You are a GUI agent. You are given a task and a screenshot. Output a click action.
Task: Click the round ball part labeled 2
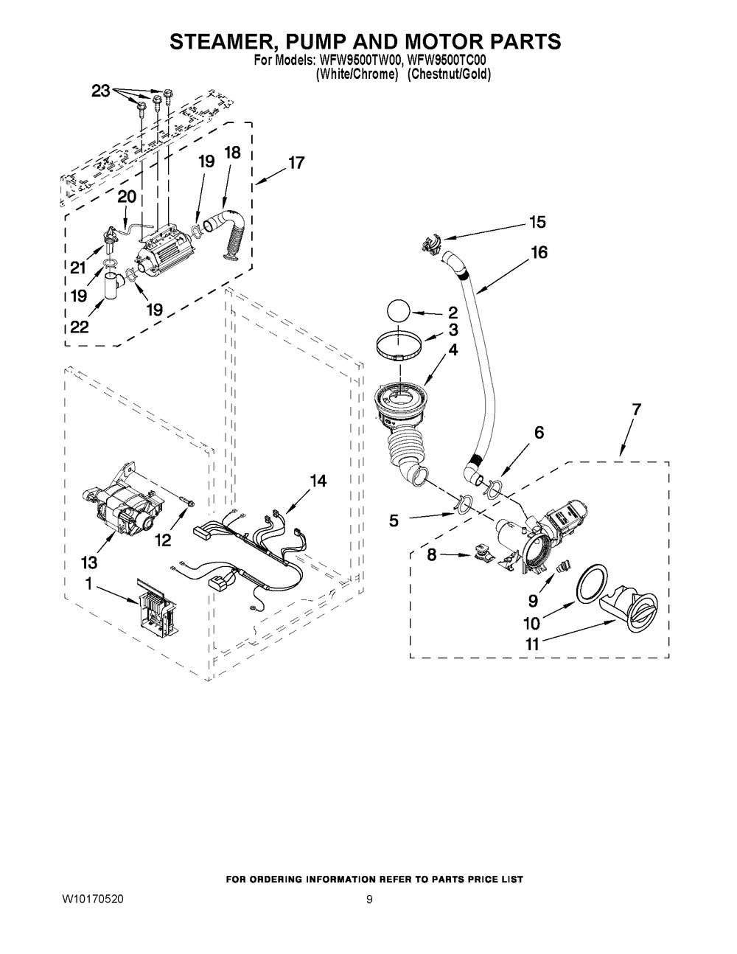click(x=398, y=311)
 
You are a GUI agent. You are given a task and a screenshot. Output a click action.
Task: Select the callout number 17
click(x=296, y=163)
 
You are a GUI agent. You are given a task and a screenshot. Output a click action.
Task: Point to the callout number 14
click(x=318, y=481)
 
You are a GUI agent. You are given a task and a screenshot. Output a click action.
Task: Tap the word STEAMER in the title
click(x=224, y=41)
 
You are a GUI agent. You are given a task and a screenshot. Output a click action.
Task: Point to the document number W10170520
click(x=93, y=899)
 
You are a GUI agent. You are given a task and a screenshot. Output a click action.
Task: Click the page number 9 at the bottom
click(x=369, y=900)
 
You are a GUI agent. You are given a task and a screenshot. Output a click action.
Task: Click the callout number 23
click(x=101, y=91)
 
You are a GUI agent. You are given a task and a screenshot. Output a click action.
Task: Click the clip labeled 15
click(x=430, y=245)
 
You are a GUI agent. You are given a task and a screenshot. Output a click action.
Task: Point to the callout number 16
click(x=539, y=252)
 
